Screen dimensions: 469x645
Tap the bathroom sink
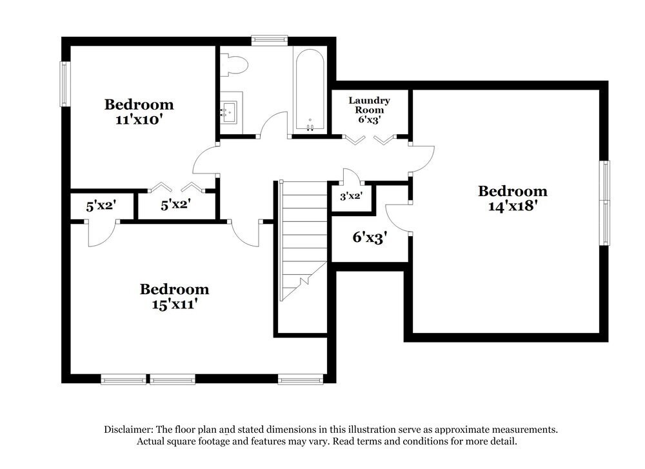tap(228, 112)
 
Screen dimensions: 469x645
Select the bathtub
tap(310, 91)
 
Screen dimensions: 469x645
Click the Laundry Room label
tap(369, 105)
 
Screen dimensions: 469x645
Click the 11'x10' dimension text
tap(139, 119)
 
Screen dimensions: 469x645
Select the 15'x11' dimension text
tap(174, 304)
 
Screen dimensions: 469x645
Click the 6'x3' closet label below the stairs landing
tap(369, 237)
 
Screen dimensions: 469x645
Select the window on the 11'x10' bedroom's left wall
tap(65, 83)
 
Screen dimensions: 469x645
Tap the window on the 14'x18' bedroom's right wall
tap(605, 203)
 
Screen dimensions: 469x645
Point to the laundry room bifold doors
tap(370, 139)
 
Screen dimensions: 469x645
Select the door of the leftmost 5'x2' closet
tap(102, 234)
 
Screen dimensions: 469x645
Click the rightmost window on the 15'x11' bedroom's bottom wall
tap(300, 380)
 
